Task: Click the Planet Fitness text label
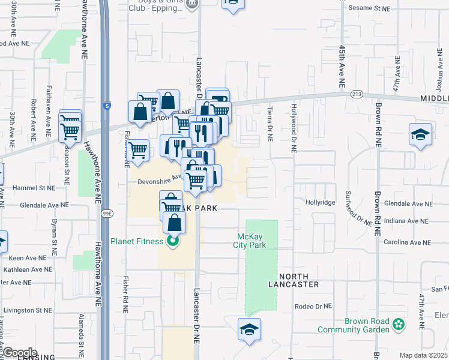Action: (x=137, y=242)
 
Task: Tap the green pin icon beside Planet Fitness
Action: (x=173, y=242)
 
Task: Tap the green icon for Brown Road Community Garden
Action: (x=397, y=325)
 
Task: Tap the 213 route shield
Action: (x=357, y=94)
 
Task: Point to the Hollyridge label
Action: (x=320, y=203)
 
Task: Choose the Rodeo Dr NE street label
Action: (x=313, y=306)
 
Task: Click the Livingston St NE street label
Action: (x=28, y=310)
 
